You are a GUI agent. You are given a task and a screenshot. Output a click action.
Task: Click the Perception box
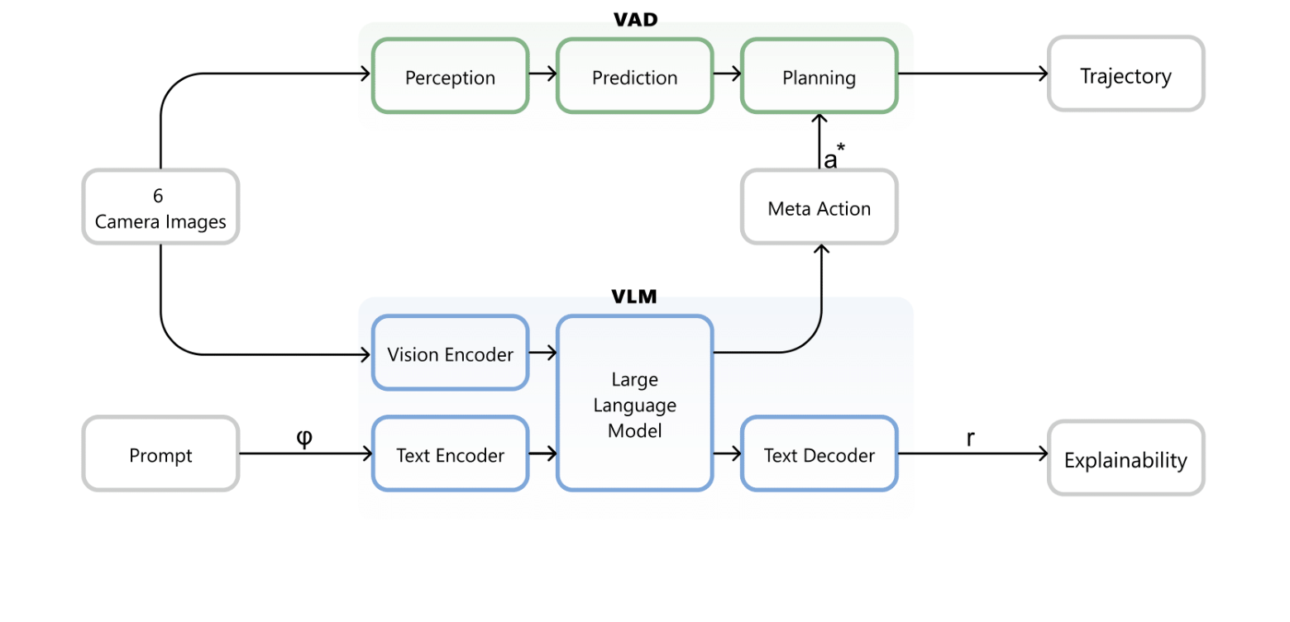[450, 76]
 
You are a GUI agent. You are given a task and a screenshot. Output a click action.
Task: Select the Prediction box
[634, 76]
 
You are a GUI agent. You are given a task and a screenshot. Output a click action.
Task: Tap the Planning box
[819, 76]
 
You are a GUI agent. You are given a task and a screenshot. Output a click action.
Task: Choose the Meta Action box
[819, 207]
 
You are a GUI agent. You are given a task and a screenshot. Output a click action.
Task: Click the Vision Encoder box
[450, 354]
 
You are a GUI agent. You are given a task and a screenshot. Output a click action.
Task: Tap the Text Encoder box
[450, 454]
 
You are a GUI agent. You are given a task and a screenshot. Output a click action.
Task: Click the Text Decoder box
[819, 454]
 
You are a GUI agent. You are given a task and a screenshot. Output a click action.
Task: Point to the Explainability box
[1125, 459]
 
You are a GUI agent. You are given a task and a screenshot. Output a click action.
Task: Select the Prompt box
[160, 454]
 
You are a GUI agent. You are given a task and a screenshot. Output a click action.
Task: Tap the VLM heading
[634, 297]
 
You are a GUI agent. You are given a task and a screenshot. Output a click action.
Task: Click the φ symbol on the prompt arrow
[304, 438]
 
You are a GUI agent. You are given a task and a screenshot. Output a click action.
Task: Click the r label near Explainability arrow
[971, 439]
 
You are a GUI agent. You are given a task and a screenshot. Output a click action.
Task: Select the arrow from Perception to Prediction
[542, 74]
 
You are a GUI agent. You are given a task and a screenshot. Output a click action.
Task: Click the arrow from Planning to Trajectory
[972, 74]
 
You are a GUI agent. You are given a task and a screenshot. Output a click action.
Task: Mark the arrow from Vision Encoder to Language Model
[542, 354]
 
